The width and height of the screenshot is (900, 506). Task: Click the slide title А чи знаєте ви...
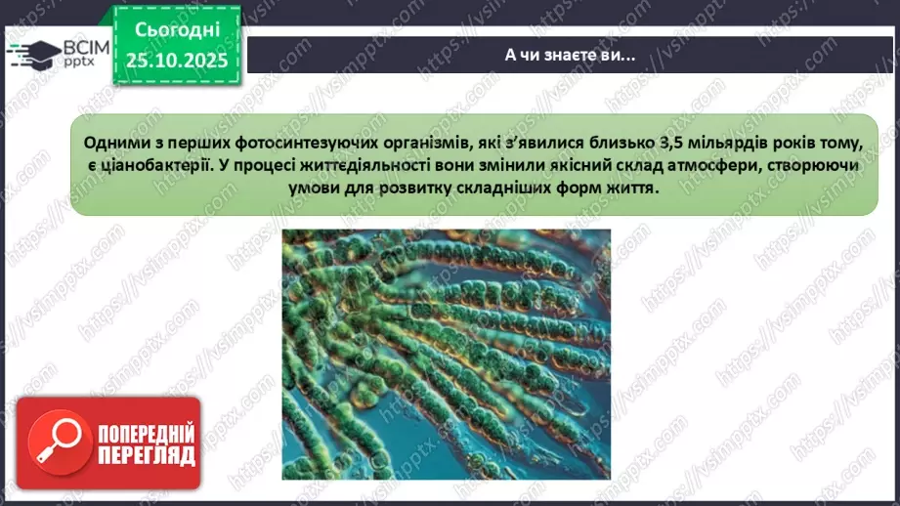[570, 55]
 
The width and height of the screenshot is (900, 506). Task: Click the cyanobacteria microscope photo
[447, 355]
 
